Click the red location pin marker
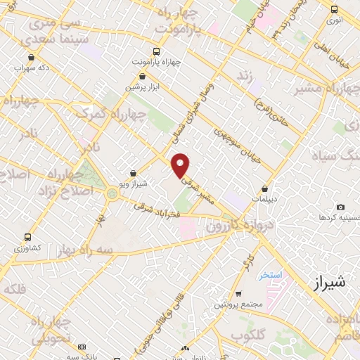[181, 165]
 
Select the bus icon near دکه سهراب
[30, 58]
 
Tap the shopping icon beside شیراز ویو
[134, 174]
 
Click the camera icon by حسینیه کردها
[341, 207]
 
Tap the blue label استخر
[270, 274]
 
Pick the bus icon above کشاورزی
[27, 237]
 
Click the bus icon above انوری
[333, 10]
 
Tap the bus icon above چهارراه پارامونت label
[156, 51]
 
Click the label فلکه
[15, 290]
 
